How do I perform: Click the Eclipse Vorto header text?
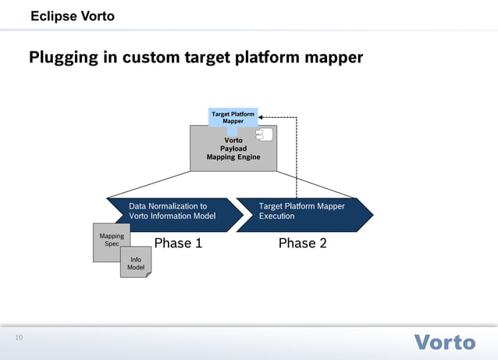[72, 16]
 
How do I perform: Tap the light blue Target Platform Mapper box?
[233, 117]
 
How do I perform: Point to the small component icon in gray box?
[264, 135]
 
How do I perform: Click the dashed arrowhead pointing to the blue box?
[261, 117]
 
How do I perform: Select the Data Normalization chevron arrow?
[172, 211]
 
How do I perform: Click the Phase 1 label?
[178, 243]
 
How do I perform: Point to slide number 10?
[19, 337]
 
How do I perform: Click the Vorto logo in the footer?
[443, 342]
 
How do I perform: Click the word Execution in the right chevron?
[277, 216]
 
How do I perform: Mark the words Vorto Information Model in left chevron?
[172, 216]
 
